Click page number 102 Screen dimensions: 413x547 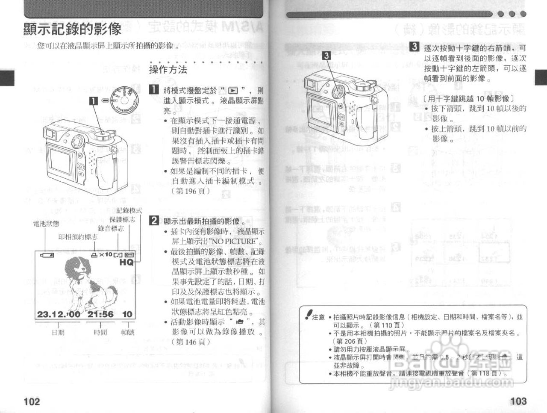(32, 401)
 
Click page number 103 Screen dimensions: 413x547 (518, 401)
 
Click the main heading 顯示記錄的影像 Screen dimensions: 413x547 (72, 29)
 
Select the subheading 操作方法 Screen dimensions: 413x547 (168, 70)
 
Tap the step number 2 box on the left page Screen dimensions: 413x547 (153, 221)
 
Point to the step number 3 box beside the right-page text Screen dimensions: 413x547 (414, 47)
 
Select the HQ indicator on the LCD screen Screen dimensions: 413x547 (126, 262)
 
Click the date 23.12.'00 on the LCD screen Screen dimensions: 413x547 (58, 314)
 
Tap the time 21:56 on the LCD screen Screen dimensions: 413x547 (100, 314)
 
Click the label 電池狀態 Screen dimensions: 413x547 (46, 224)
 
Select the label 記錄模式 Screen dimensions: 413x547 (129, 211)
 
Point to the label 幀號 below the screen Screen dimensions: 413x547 (127, 332)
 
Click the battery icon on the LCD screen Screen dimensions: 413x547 (47, 255)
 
